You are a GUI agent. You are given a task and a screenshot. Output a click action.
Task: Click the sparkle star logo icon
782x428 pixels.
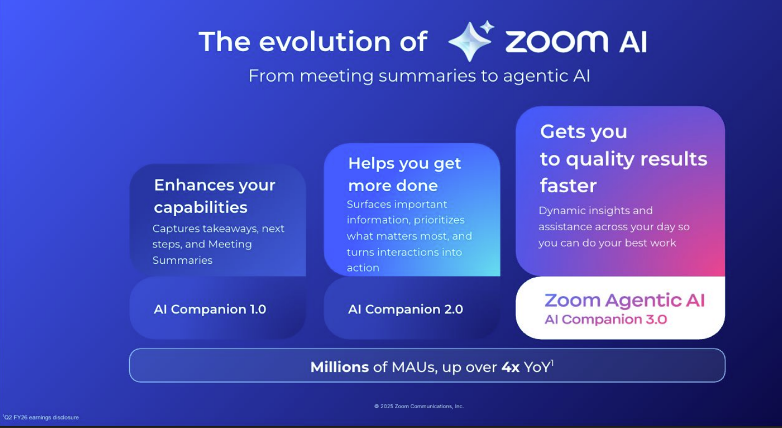pyautogui.click(x=471, y=41)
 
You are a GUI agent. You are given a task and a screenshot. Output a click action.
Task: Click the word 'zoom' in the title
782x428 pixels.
pyautogui.click(x=557, y=41)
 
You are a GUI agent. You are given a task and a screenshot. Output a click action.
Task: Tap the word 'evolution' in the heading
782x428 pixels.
pyautogui.click(x=325, y=41)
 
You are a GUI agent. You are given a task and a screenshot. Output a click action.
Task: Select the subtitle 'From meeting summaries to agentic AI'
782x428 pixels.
pyautogui.click(x=419, y=76)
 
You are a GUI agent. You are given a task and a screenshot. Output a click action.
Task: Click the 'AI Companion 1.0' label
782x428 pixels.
pyautogui.click(x=210, y=309)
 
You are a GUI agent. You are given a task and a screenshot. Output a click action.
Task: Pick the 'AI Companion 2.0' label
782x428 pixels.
pyautogui.click(x=405, y=309)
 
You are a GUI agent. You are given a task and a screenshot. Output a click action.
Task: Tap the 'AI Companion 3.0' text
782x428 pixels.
pyautogui.click(x=606, y=319)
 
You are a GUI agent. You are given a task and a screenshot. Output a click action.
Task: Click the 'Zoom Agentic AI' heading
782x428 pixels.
pyautogui.click(x=624, y=300)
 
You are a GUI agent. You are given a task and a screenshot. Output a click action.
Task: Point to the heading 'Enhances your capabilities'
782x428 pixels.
pyautogui.click(x=214, y=196)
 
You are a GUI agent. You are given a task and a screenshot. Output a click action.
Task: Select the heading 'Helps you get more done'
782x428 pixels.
pyautogui.click(x=405, y=174)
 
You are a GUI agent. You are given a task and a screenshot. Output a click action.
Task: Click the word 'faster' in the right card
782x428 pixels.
pyautogui.click(x=568, y=186)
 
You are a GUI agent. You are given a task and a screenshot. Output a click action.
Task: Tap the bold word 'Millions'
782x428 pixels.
pyautogui.click(x=339, y=367)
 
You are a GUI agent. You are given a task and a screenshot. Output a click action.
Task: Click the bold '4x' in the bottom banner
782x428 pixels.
pyautogui.click(x=511, y=367)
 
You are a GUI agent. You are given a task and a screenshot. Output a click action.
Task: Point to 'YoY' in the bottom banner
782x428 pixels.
pyautogui.click(x=537, y=367)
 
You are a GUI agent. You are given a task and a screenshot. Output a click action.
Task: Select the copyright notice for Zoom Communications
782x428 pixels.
pyautogui.click(x=419, y=407)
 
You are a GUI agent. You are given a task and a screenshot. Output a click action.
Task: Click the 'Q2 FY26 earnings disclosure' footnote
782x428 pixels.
pyautogui.click(x=41, y=417)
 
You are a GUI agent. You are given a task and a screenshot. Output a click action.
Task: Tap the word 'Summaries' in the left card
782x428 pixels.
pyautogui.click(x=182, y=260)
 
